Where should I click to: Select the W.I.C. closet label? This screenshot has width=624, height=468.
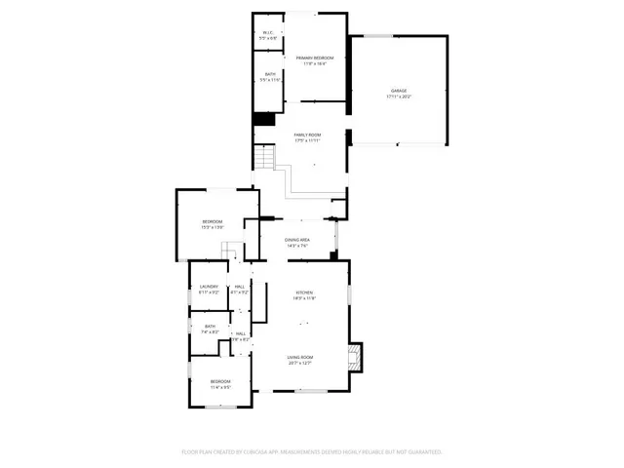point(269,31)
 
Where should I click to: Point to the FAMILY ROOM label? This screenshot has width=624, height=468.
point(308,136)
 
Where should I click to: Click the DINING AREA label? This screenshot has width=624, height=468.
point(297,240)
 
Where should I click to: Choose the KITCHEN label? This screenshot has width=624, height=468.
point(305,292)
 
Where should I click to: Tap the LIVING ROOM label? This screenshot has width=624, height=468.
point(299,357)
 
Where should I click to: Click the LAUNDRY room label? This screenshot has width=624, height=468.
point(209,286)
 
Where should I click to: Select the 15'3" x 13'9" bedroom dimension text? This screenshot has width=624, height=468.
point(213,227)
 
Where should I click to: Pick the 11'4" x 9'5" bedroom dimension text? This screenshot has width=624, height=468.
point(220,387)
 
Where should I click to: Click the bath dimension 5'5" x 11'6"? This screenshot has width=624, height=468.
point(269,80)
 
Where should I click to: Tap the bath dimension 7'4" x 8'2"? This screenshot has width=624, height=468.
point(210,332)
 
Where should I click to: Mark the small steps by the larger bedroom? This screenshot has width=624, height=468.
point(230,252)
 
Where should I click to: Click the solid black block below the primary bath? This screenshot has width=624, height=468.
point(263,120)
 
